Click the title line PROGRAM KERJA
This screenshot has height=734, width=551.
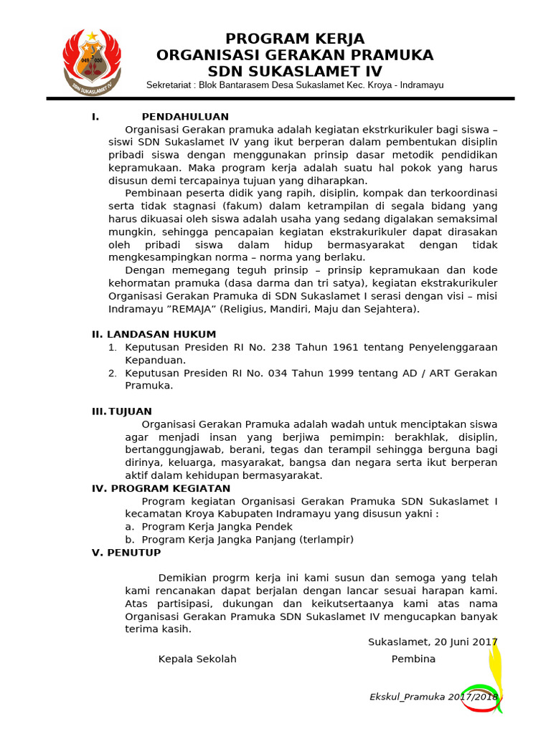point(295,39)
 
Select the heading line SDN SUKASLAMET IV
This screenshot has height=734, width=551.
point(295,71)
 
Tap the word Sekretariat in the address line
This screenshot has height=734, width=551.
point(170,85)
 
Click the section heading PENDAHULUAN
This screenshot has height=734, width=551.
point(185,117)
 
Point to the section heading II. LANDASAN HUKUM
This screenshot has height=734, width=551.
point(154,334)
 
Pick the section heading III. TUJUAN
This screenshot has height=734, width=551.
point(122,411)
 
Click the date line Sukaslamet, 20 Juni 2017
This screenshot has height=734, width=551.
point(433,642)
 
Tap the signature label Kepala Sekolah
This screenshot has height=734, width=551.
point(197,659)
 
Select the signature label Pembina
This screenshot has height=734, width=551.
point(413,659)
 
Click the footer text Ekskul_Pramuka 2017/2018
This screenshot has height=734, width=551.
point(433,697)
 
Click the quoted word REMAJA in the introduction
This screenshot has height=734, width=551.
point(193,309)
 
